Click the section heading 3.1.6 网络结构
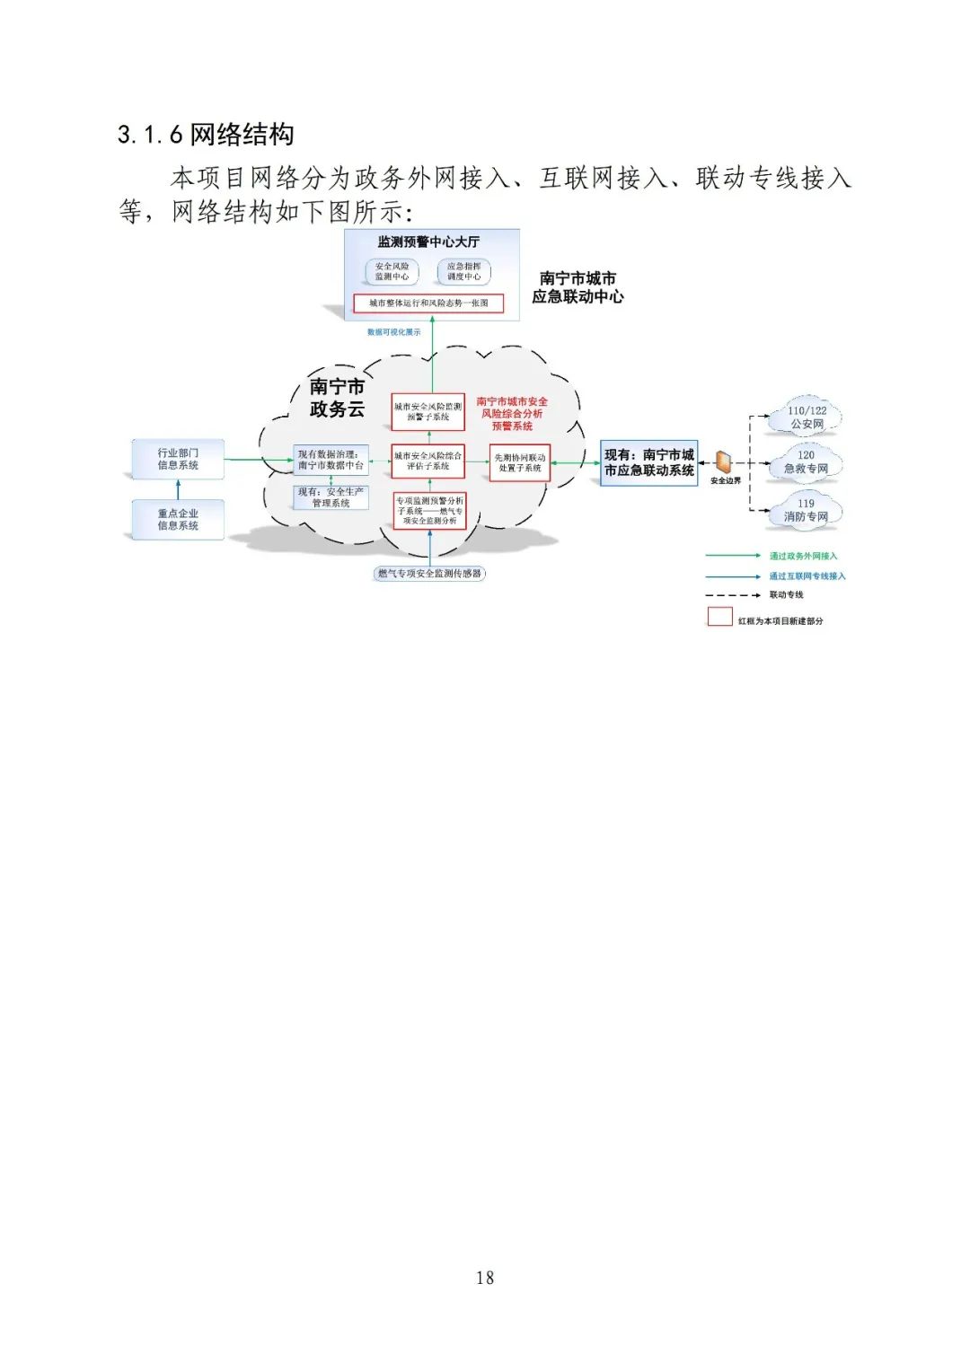pos(206,135)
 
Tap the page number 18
pos(485,1277)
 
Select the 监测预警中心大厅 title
pos(428,242)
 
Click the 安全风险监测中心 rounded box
pos(392,271)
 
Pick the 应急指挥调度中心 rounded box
pos(463,271)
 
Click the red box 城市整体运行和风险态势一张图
pos(428,303)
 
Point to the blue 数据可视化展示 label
pos(393,332)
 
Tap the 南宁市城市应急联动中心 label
pos(578,287)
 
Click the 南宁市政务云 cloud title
pos(337,398)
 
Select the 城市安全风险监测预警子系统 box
pos(428,411)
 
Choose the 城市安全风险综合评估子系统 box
pos(428,461)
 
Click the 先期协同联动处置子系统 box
pos(519,462)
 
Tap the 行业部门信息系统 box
pos(178,459)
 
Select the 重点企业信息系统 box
pos(178,519)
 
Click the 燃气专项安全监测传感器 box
pos(429,573)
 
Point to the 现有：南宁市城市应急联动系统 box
pos(648,462)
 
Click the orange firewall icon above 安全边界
pos(724,462)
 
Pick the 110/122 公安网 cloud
pos(806,417)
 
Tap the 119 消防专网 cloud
pos(806,510)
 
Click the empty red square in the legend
pos(719,617)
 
